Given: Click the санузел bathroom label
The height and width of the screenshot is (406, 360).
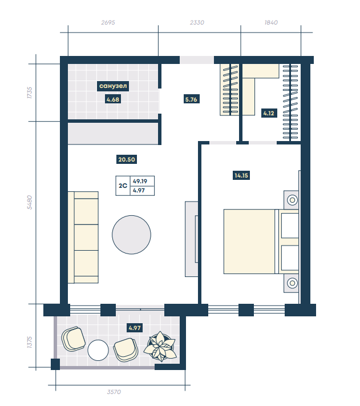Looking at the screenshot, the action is (113, 86).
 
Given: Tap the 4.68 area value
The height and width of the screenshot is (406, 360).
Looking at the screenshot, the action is (113, 99).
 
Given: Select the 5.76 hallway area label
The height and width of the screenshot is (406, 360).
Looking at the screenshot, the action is (191, 99).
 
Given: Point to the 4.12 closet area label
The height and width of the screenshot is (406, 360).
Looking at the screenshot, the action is (269, 113).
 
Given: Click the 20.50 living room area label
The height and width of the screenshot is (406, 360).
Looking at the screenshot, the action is (127, 159).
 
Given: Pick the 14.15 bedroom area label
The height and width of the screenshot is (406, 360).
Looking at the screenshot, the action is (241, 175).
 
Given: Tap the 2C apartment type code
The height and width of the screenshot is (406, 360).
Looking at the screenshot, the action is (123, 186).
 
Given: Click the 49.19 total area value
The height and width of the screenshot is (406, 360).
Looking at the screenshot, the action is (140, 181).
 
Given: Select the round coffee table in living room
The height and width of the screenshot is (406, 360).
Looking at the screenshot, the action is (131, 235).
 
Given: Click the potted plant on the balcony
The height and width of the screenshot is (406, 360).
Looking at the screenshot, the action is (160, 347).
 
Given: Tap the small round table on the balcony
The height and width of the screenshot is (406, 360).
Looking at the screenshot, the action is (98, 350).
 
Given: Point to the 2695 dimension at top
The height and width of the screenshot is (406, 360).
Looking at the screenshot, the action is (108, 22).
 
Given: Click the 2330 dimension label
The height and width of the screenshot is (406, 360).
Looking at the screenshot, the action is (197, 22).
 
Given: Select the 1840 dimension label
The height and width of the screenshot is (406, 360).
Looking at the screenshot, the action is (271, 22).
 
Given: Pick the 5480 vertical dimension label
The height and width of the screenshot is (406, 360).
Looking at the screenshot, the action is (30, 202).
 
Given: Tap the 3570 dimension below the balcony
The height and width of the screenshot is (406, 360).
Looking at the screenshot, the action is (114, 392).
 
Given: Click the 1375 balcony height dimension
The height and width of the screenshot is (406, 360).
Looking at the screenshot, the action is (30, 342).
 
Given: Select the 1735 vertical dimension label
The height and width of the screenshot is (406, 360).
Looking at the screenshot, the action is (30, 93).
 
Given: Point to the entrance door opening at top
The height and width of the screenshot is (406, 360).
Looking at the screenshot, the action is (197, 60).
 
